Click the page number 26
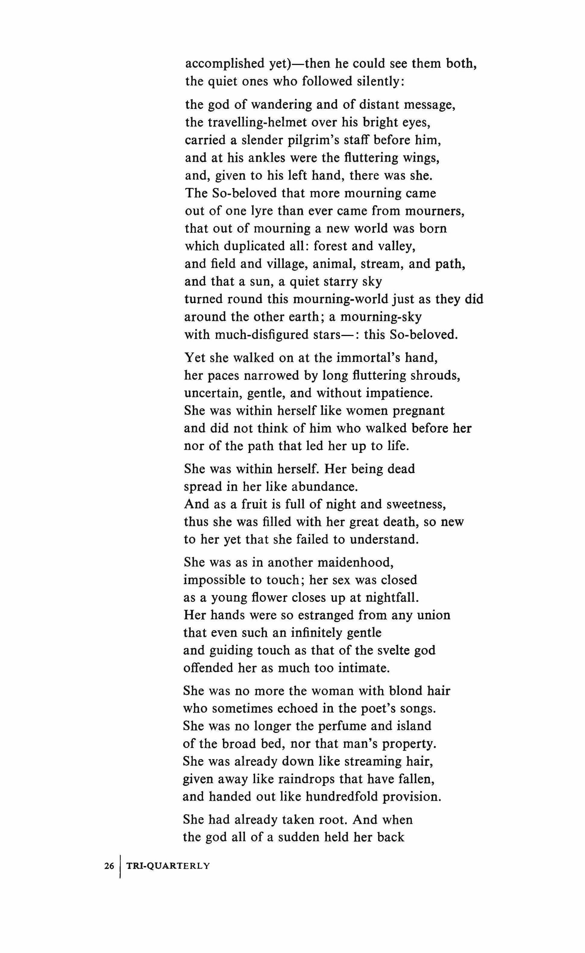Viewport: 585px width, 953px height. click(109, 866)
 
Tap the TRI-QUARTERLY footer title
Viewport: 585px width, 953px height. click(168, 866)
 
